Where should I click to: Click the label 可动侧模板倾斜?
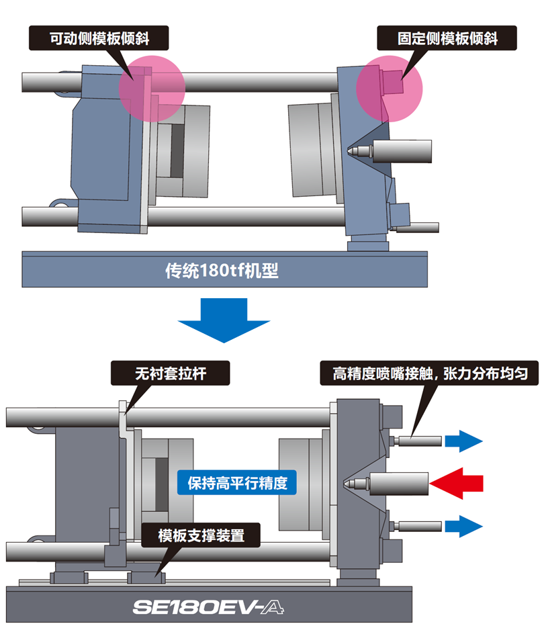point(99,38)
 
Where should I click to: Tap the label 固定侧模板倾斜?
point(447,38)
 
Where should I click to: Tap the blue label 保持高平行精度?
point(237,482)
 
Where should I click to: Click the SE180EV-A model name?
point(209,607)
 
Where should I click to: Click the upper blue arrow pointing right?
point(464,441)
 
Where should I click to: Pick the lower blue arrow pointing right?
point(464,525)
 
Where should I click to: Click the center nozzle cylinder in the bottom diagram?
point(396,483)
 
